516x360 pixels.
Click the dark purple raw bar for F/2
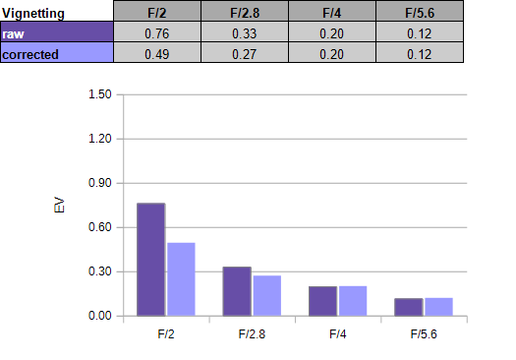tap(151, 260)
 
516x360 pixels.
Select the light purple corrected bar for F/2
tap(181, 279)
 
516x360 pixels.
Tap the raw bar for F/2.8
tap(237, 291)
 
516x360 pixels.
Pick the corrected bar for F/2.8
tap(267, 296)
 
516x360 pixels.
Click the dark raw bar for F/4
tap(322, 301)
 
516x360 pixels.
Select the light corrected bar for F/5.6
tap(438, 307)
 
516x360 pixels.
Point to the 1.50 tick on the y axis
tap(100, 94)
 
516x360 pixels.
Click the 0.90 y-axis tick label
tap(100, 183)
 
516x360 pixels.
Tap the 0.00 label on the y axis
tap(100, 316)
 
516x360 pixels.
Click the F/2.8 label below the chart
tap(252, 334)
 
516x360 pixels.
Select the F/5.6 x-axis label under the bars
tap(424, 334)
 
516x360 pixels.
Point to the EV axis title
tap(59, 205)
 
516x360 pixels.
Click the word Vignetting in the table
tap(33, 14)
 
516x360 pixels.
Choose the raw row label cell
tap(57, 31)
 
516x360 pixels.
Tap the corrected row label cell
tap(57, 52)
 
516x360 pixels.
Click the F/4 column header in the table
tap(332, 11)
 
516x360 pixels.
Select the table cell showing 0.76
tap(157, 31)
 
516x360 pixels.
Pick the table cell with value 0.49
tap(157, 52)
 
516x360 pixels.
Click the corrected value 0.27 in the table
tap(245, 52)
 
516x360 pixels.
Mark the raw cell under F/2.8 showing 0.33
tap(245, 31)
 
